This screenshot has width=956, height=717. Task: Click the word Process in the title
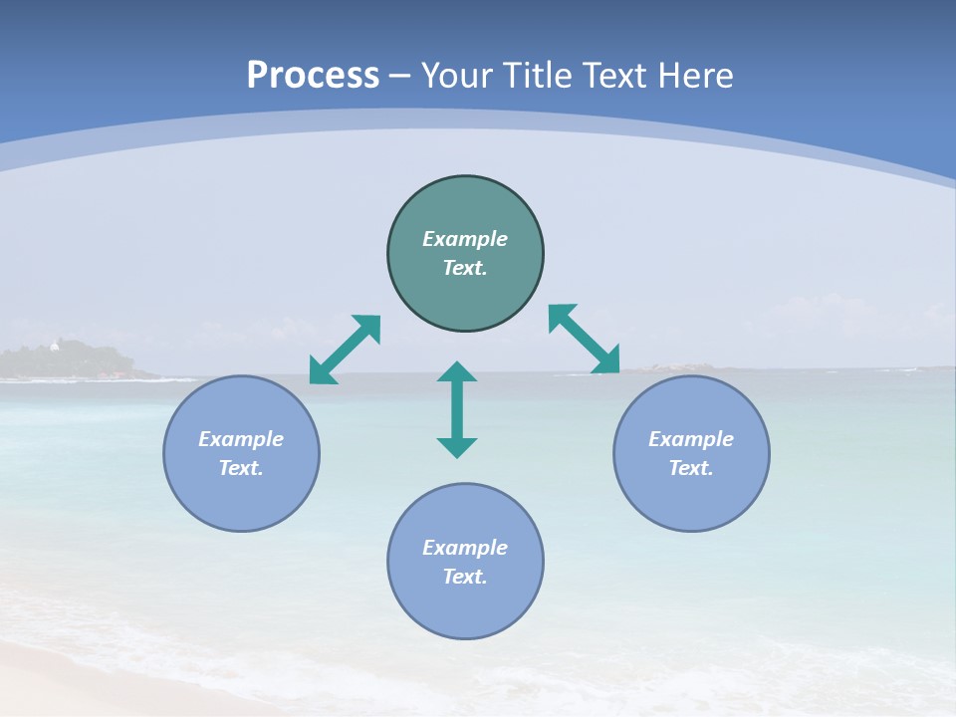pyautogui.click(x=313, y=76)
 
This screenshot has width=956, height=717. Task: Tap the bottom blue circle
pyautogui.click(x=465, y=607)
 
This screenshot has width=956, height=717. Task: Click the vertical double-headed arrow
pyautogui.click(x=457, y=409)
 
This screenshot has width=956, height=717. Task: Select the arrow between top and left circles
pyautogui.click(x=345, y=350)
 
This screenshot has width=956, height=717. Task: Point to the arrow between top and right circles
pyautogui.click(x=584, y=340)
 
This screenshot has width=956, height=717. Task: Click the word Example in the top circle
pyautogui.click(x=465, y=239)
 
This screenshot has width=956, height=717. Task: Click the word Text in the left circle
pyautogui.click(x=240, y=468)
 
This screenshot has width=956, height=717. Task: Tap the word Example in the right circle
pyautogui.click(x=691, y=439)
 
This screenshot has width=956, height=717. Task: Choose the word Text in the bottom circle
pyautogui.click(x=464, y=577)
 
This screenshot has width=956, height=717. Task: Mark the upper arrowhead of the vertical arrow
pyautogui.click(x=457, y=372)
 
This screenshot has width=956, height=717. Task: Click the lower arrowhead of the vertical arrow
pyautogui.click(x=457, y=446)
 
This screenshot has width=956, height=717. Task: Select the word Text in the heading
pyautogui.click(x=617, y=76)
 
